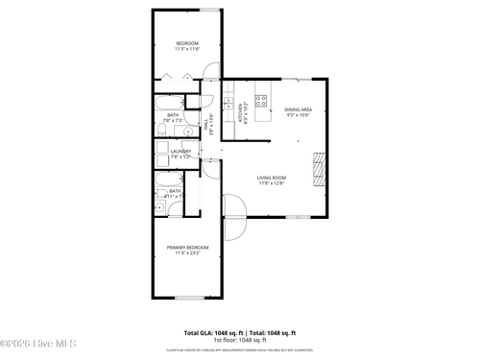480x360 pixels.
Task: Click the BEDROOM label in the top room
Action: (x=186, y=43)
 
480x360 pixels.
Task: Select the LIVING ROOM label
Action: (x=272, y=178)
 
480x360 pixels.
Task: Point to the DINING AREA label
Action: (x=298, y=109)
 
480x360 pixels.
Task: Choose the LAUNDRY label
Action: (x=180, y=150)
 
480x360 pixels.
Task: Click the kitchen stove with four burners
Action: (x=261, y=99)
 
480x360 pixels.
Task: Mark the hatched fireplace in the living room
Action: (x=321, y=168)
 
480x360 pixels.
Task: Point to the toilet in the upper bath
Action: (x=192, y=101)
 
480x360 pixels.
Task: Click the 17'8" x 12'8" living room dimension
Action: (x=272, y=183)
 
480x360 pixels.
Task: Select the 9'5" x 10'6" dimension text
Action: (x=298, y=116)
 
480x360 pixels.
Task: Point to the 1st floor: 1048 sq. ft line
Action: (x=240, y=340)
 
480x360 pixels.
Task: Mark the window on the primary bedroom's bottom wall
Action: (x=188, y=299)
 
